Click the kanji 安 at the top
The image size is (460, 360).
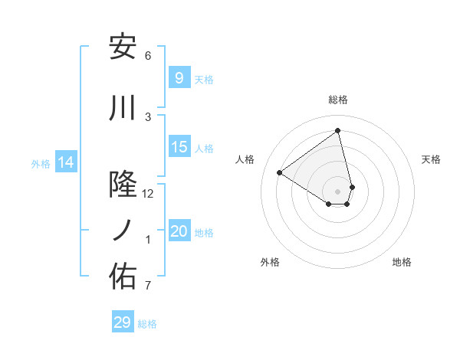point(123,47)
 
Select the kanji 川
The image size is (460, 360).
point(123,109)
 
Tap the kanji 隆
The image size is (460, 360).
point(123,184)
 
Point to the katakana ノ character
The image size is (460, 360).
point(123,231)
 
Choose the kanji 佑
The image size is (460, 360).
point(123,277)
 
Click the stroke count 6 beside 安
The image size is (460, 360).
point(148,56)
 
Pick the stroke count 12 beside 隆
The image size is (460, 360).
point(148,194)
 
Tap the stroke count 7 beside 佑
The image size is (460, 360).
point(148,286)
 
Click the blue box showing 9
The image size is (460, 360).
point(179,77)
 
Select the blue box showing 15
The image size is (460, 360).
point(179,147)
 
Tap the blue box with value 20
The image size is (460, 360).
point(179,232)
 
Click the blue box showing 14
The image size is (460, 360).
point(66,162)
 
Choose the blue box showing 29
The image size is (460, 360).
point(123,322)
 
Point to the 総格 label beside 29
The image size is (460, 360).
point(147,324)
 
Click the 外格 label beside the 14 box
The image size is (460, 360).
point(41,163)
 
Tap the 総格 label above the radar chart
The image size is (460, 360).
point(338,100)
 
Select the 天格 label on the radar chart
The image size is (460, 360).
point(432,159)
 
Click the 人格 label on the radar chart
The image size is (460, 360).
point(245,159)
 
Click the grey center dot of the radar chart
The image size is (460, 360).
point(338,191)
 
